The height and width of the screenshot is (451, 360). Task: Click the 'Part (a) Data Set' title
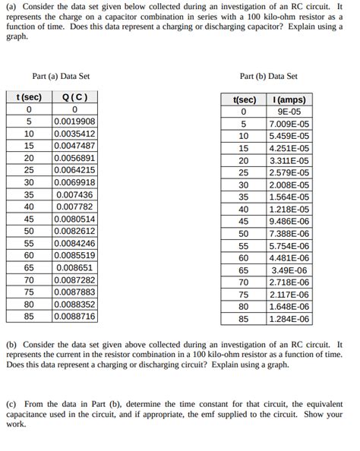(x=61, y=76)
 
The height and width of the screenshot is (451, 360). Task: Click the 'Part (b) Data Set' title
(x=268, y=76)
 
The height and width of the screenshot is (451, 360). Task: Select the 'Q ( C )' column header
(x=74, y=97)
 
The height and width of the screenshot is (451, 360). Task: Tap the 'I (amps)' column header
(x=289, y=100)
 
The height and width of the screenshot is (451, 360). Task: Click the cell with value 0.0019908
(x=74, y=121)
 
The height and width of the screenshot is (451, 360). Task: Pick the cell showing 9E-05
(x=289, y=112)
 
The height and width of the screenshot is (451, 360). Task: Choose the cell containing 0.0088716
(x=74, y=316)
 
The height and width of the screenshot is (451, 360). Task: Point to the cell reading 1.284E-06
(x=289, y=319)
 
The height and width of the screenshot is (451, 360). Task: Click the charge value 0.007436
(x=74, y=194)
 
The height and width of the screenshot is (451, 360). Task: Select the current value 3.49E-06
(x=289, y=270)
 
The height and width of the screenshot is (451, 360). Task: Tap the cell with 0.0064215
(x=74, y=170)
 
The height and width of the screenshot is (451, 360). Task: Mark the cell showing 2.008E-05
(x=289, y=185)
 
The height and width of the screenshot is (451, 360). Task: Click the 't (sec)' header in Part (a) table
(x=29, y=97)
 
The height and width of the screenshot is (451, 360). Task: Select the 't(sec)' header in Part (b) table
(x=244, y=100)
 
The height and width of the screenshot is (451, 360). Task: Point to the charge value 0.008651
(x=74, y=267)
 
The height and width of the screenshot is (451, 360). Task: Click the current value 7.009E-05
(x=289, y=125)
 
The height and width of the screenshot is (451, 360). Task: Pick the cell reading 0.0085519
(x=74, y=255)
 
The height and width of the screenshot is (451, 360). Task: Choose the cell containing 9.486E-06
(x=289, y=222)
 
